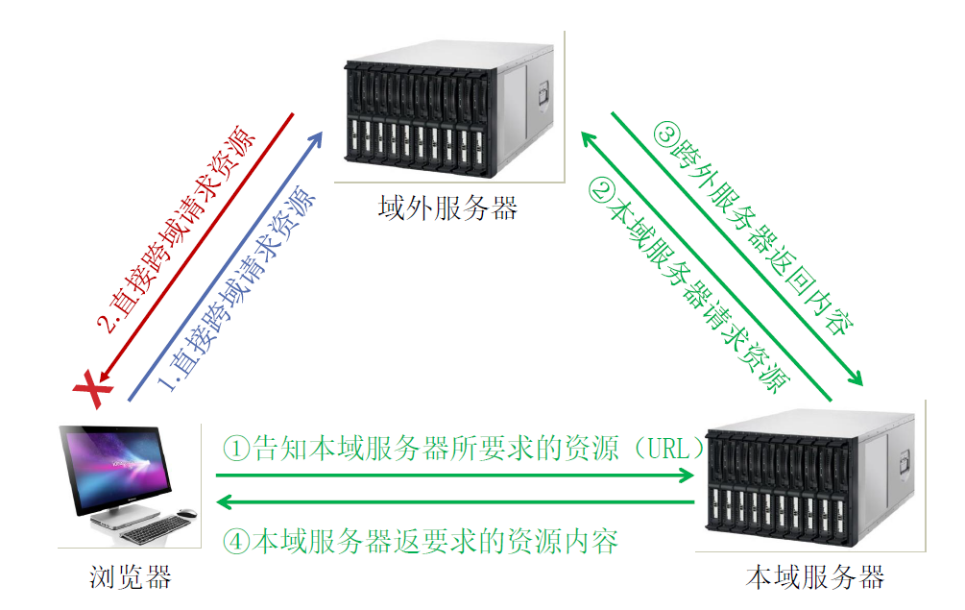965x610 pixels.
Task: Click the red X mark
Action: [89, 389]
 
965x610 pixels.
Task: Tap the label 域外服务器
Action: [447, 207]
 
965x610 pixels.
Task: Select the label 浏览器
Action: [131, 577]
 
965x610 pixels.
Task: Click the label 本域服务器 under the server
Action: [814, 577]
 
